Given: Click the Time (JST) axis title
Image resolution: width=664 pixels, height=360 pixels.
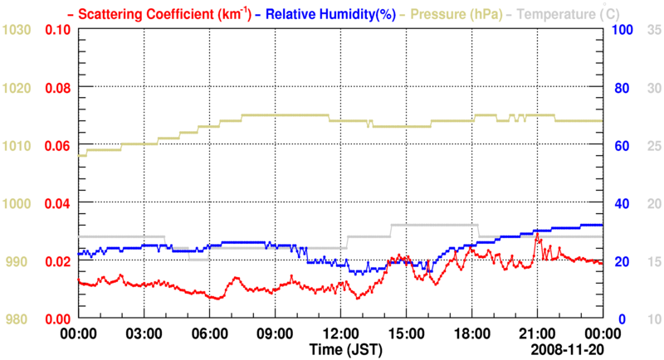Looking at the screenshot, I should (x=340, y=349).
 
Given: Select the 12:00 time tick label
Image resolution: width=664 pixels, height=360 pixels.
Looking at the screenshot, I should (x=340, y=334).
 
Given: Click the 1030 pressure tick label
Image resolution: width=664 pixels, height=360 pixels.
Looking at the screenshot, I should (x=17, y=30).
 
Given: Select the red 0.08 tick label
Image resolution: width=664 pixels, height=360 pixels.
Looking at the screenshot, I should (x=56, y=88).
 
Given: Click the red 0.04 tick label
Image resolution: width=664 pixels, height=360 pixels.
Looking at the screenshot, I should (x=56, y=203).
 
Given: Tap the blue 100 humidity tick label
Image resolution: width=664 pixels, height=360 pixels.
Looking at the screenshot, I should (x=624, y=30).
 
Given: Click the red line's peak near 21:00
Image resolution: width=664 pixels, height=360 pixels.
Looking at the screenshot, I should (x=537, y=235).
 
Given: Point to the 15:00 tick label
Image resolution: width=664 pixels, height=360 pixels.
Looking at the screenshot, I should (x=406, y=334).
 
